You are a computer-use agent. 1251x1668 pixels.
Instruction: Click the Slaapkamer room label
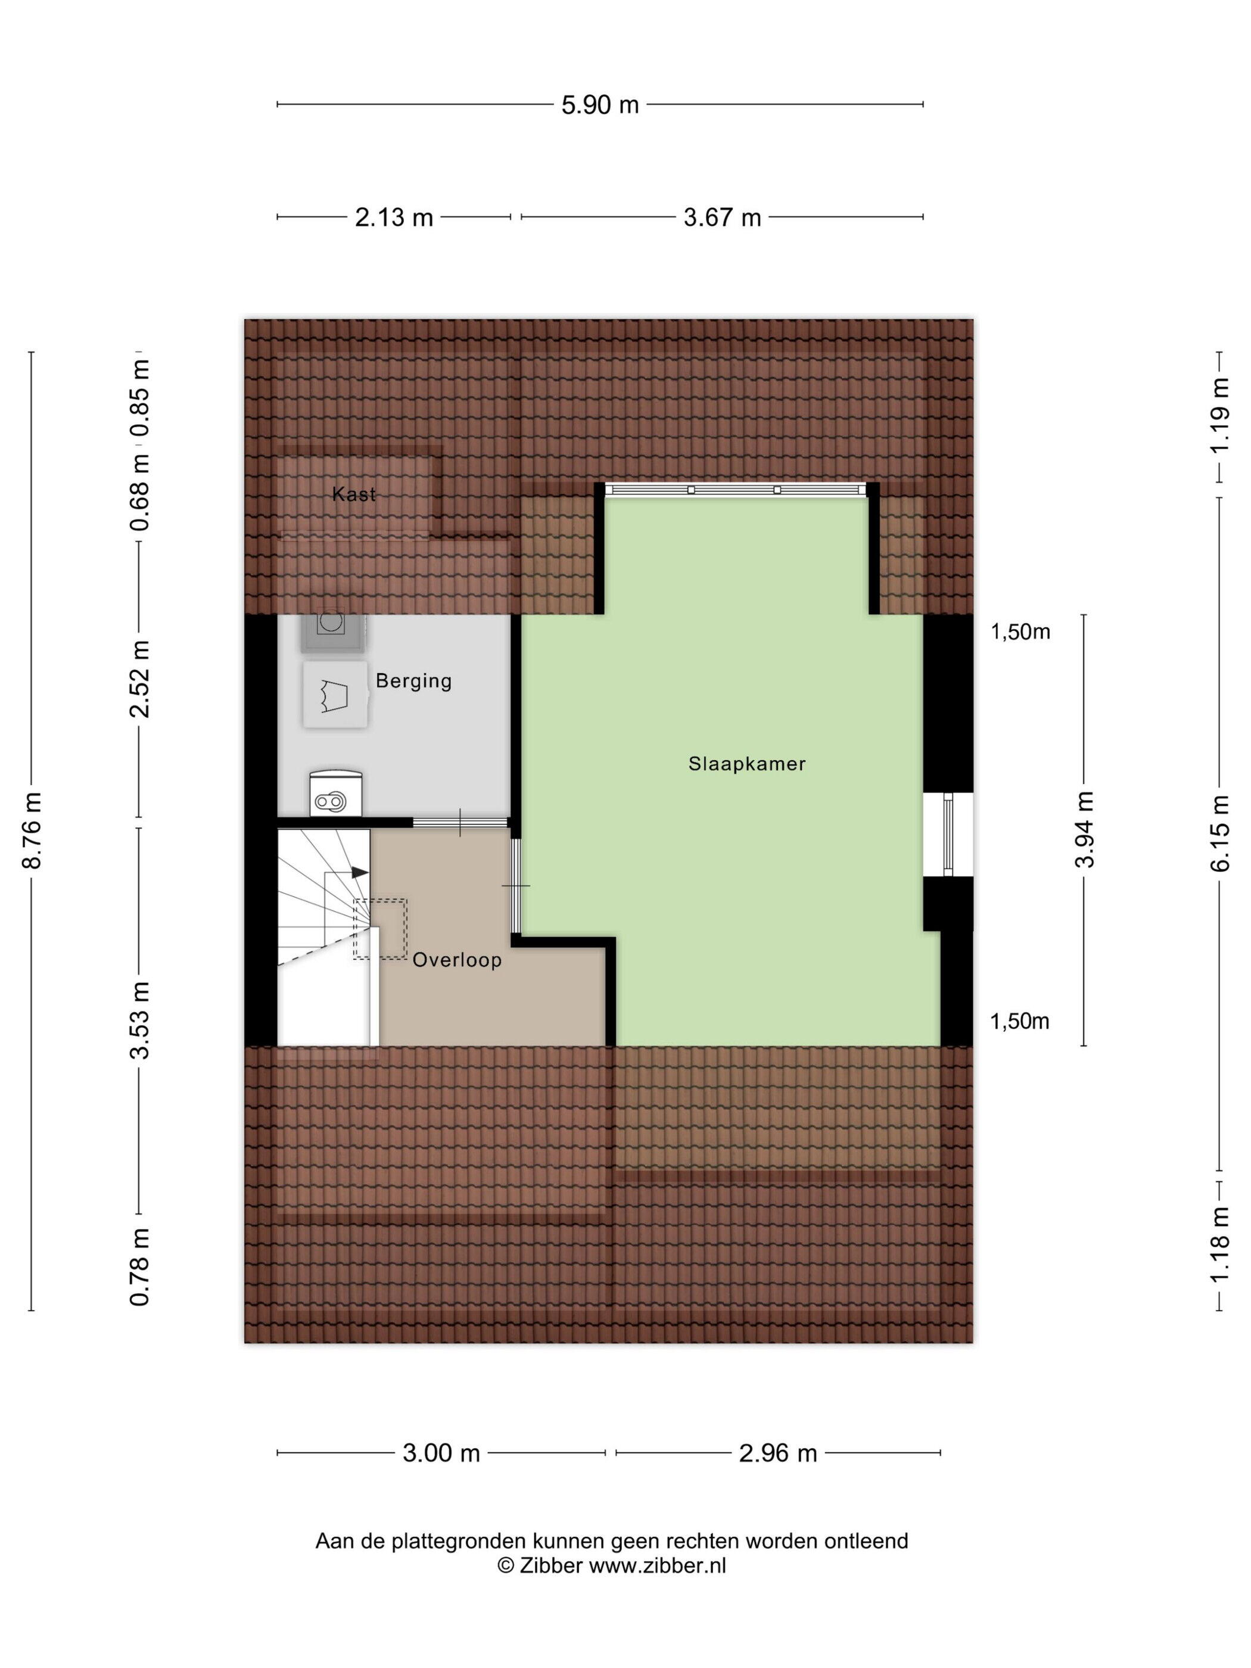point(746,764)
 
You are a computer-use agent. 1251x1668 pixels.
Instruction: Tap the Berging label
point(413,681)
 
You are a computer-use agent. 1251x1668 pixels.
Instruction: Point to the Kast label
point(354,494)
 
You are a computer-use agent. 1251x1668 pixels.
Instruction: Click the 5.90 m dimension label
point(600,105)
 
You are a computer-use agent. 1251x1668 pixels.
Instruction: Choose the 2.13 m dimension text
point(394,218)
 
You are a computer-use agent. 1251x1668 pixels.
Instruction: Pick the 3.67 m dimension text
point(721,218)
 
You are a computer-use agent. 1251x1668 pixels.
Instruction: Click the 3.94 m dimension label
point(1084,829)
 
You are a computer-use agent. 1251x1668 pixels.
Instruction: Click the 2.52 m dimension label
point(140,679)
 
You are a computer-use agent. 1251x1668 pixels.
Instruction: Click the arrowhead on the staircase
point(360,872)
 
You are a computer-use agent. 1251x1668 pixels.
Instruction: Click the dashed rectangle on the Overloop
point(381,929)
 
